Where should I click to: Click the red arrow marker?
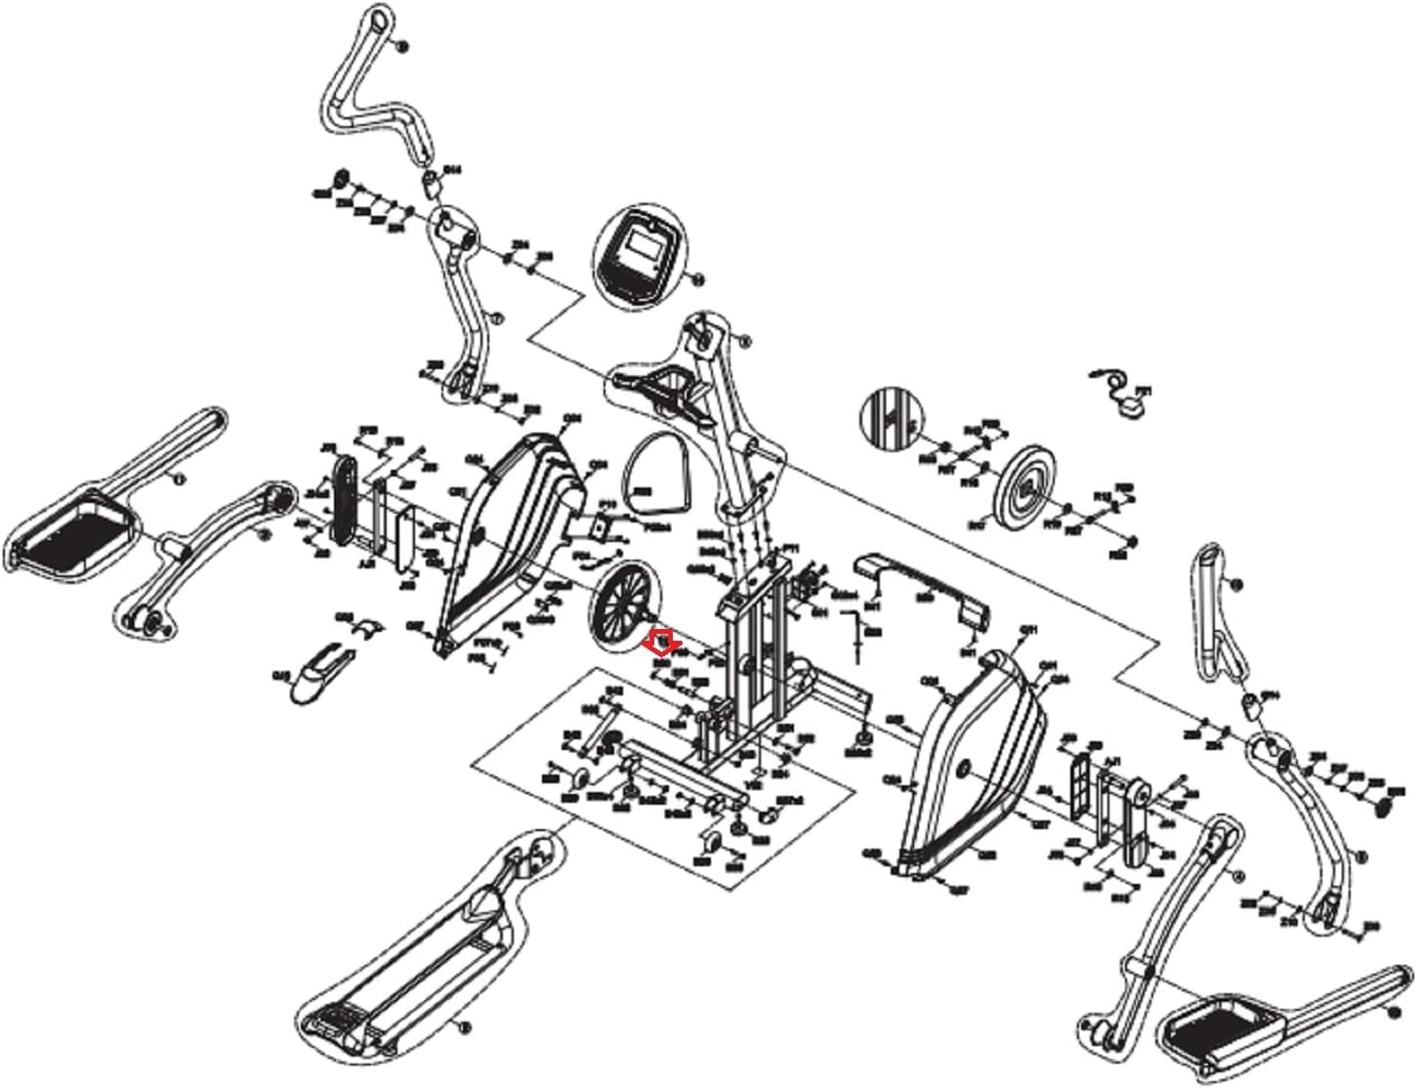click(664, 641)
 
